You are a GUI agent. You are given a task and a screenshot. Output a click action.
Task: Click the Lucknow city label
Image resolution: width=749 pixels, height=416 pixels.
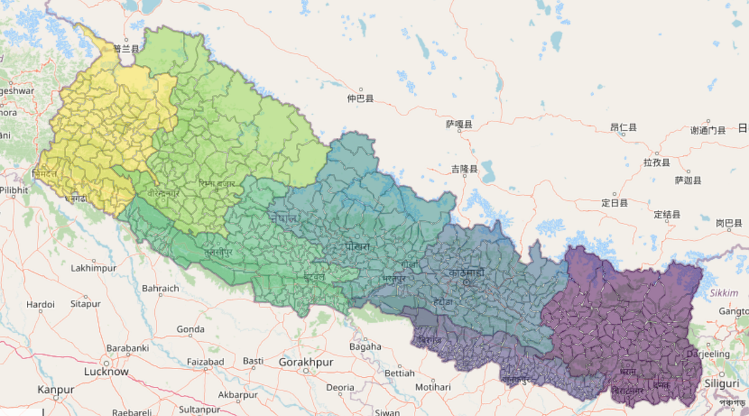coord(106,372)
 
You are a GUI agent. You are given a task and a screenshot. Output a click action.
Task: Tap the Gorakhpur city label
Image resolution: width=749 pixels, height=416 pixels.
coord(306,362)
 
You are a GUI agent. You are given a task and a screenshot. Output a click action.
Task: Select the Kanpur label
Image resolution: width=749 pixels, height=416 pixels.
coord(56,390)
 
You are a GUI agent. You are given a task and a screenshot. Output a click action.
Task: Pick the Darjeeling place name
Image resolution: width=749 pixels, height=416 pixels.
coord(707,354)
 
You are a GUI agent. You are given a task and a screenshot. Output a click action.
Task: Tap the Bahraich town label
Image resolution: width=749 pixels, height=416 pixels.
coord(160,289)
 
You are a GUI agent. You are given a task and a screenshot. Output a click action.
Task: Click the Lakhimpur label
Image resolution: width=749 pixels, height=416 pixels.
coord(94,268)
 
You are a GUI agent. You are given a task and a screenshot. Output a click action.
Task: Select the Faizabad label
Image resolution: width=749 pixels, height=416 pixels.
coord(205,362)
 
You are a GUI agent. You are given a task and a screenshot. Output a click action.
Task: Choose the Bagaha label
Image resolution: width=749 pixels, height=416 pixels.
coord(365,347)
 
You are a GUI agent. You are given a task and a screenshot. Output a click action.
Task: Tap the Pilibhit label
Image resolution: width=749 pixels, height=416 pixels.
coord(14,190)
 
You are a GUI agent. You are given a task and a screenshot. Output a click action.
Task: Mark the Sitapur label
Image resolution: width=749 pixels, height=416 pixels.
coord(85,304)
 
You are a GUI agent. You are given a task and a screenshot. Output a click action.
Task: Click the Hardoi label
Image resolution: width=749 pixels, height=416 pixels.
coord(40,304)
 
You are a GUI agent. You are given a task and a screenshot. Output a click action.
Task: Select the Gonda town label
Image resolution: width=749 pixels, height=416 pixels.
coord(190,329)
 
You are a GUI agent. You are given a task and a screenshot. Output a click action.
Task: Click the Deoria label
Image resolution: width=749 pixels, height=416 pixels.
coord(340,387)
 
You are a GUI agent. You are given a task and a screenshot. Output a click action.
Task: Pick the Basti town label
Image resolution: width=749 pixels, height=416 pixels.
coord(253,361)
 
